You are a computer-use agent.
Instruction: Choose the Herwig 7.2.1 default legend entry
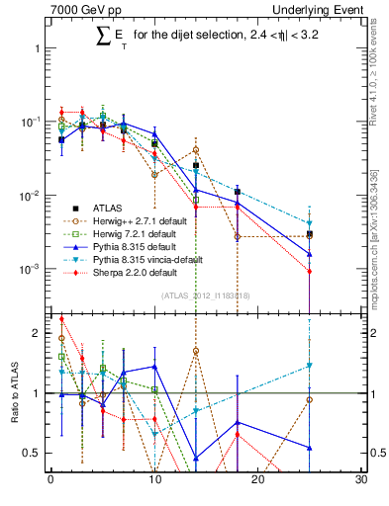pos(146,233)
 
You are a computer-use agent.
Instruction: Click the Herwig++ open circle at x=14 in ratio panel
pos(196,351)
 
